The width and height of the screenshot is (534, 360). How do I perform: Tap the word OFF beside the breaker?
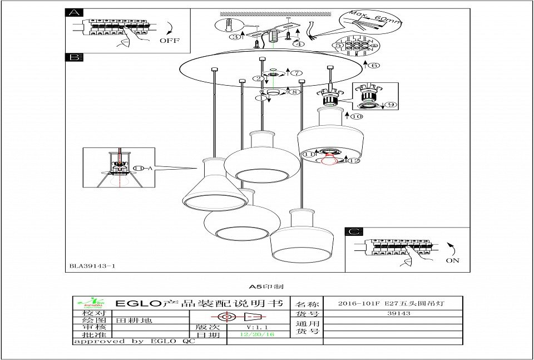(x=170, y=41)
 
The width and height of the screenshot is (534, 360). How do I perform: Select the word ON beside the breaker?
(x=452, y=260)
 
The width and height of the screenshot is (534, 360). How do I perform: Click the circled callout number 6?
(x=374, y=65)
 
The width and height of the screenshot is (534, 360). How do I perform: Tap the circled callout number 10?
(x=356, y=116)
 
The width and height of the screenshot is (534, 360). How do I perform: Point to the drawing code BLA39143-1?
(x=92, y=267)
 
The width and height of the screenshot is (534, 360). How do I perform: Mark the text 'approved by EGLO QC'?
(x=133, y=341)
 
